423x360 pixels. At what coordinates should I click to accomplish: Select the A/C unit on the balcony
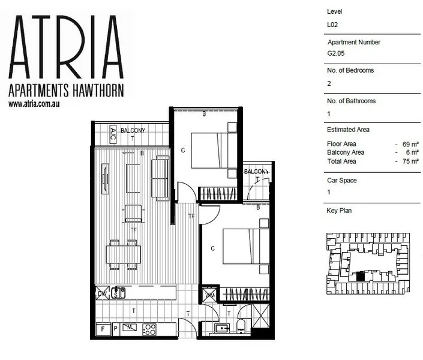[x=112, y=136]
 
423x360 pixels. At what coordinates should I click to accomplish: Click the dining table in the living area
[x=124, y=254]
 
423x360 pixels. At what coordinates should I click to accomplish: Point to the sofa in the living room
[x=160, y=179]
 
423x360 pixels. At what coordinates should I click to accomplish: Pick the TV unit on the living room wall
[x=106, y=178]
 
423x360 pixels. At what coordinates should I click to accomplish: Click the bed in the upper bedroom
[x=214, y=149]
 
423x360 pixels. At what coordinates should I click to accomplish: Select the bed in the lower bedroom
[x=245, y=246]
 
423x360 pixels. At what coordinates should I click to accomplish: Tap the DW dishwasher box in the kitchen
[x=102, y=293]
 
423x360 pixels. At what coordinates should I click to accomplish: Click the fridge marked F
[x=103, y=329]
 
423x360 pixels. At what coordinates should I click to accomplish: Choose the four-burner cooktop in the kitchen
[x=149, y=329]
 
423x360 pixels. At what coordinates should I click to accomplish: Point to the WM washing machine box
[x=210, y=294]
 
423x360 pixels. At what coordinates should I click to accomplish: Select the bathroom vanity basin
[x=221, y=328]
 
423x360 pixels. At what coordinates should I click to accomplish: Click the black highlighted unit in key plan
[x=360, y=277]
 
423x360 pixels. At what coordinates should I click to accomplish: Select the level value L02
[x=332, y=25]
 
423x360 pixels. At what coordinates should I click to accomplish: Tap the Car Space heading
[x=343, y=180]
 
